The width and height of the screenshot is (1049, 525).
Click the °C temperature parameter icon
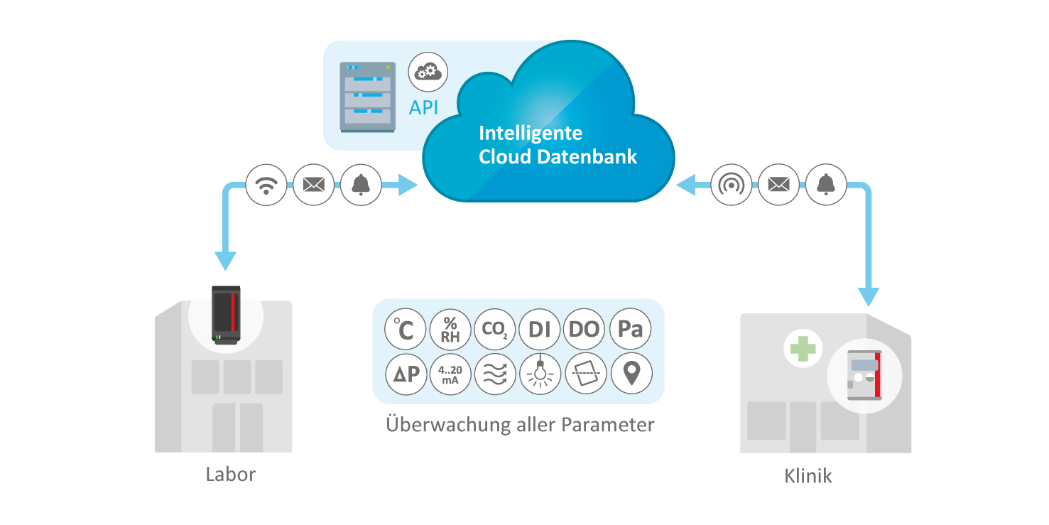pos(405,330)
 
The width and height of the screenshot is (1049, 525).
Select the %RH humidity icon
pos(450,330)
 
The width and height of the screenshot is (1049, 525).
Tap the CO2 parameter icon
pos(495,330)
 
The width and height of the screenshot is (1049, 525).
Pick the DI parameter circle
pos(540,330)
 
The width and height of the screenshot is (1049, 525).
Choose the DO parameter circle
pos(585,330)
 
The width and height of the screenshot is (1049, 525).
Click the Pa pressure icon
pos(630,330)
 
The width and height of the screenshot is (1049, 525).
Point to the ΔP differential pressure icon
pos(405,374)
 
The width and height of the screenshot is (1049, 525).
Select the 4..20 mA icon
pos(450,374)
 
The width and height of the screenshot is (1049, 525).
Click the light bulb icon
pos(540,374)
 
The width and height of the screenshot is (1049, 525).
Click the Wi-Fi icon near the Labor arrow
pos(266,185)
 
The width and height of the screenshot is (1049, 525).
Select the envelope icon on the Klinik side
pos(779,185)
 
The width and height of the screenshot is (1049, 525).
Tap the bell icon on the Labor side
pos(361,185)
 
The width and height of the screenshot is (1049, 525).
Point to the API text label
pos(424,108)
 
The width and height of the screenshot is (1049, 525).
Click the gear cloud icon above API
pos(428,72)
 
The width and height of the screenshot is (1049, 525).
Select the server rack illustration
pos(366,97)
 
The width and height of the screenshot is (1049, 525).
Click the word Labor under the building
pos(230,475)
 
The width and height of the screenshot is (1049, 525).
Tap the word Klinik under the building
pos(808,476)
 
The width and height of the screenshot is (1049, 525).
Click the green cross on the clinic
pos(803,349)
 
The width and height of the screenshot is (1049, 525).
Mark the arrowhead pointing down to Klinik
pos(868,296)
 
